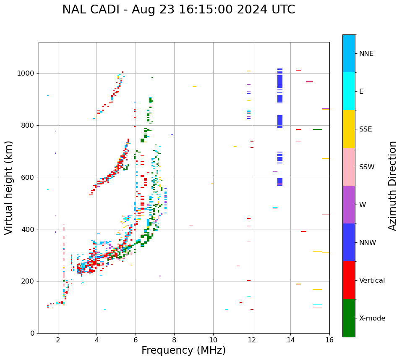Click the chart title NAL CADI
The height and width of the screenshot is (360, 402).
[x=178, y=10]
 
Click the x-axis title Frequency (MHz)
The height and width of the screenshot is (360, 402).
[x=183, y=350]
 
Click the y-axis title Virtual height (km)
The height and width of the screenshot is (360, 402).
[x=9, y=188]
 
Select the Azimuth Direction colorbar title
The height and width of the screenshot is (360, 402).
[x=392, y=186]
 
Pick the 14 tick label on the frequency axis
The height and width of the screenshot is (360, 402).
[x=290, y=340]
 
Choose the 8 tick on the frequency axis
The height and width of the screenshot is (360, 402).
[x=174, y=340]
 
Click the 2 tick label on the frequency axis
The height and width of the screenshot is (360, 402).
[x=58, y=340]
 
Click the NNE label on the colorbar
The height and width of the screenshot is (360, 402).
[x=366, y=54]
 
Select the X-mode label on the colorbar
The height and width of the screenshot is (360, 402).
[x=372, y=318]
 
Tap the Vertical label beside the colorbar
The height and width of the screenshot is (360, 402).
[x=372, y=281]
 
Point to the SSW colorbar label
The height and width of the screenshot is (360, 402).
[x=366, y=167]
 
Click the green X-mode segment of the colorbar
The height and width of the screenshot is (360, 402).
[x=349, y=318]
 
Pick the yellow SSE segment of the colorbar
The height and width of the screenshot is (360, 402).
[x=349, y=129]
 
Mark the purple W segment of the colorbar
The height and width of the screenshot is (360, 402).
[x=349, y=205]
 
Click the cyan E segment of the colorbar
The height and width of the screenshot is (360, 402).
[x=349, y=91]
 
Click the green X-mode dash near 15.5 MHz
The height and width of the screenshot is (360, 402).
[x=318, y=129]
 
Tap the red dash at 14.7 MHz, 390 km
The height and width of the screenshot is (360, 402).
[x=303, y=231]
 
